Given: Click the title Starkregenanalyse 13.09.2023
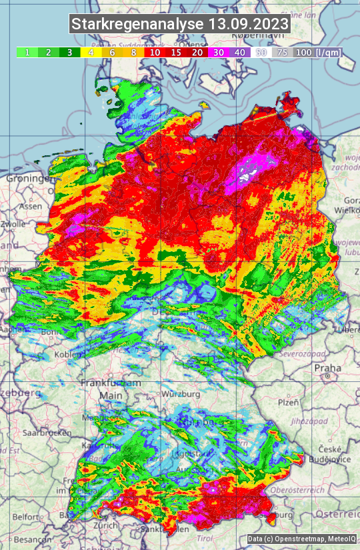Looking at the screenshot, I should (180, 25).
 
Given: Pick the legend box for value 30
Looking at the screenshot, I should (217, 52).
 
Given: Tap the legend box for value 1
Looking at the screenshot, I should (27, 52).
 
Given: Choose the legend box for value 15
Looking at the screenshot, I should (176, 52).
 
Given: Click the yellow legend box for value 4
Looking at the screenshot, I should (90, 52).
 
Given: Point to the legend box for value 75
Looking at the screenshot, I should (282, 52).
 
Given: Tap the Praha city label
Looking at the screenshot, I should (327, 368).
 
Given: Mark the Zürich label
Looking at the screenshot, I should (106, 525).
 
